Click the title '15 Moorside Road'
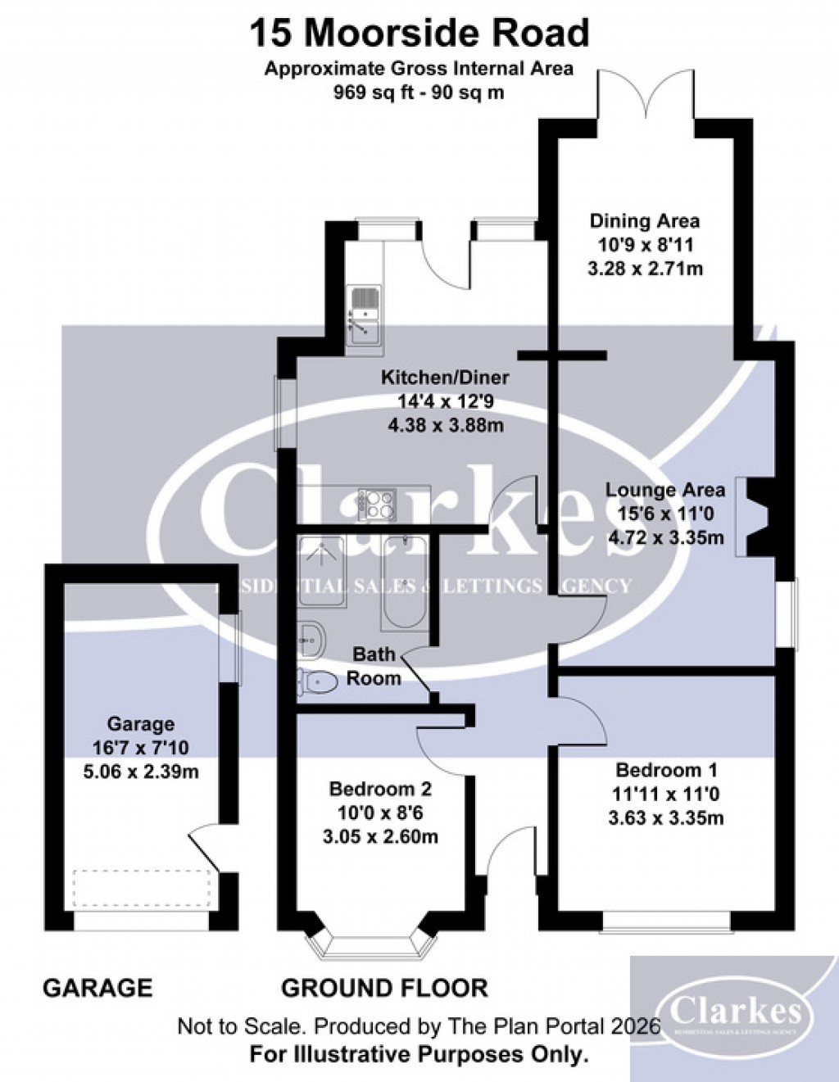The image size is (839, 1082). [419, 34]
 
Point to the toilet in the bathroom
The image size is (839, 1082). [318, 682]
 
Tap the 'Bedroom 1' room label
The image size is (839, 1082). [666, 770]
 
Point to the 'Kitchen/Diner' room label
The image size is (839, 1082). [445, 378]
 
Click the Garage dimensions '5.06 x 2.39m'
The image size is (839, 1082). [142, 772]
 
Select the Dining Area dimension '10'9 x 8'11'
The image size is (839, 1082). [646, 244]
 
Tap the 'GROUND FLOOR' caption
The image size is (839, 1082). [384, 988]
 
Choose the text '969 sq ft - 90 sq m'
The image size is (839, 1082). [419, 93]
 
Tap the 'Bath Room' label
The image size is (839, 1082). [374, 666]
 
